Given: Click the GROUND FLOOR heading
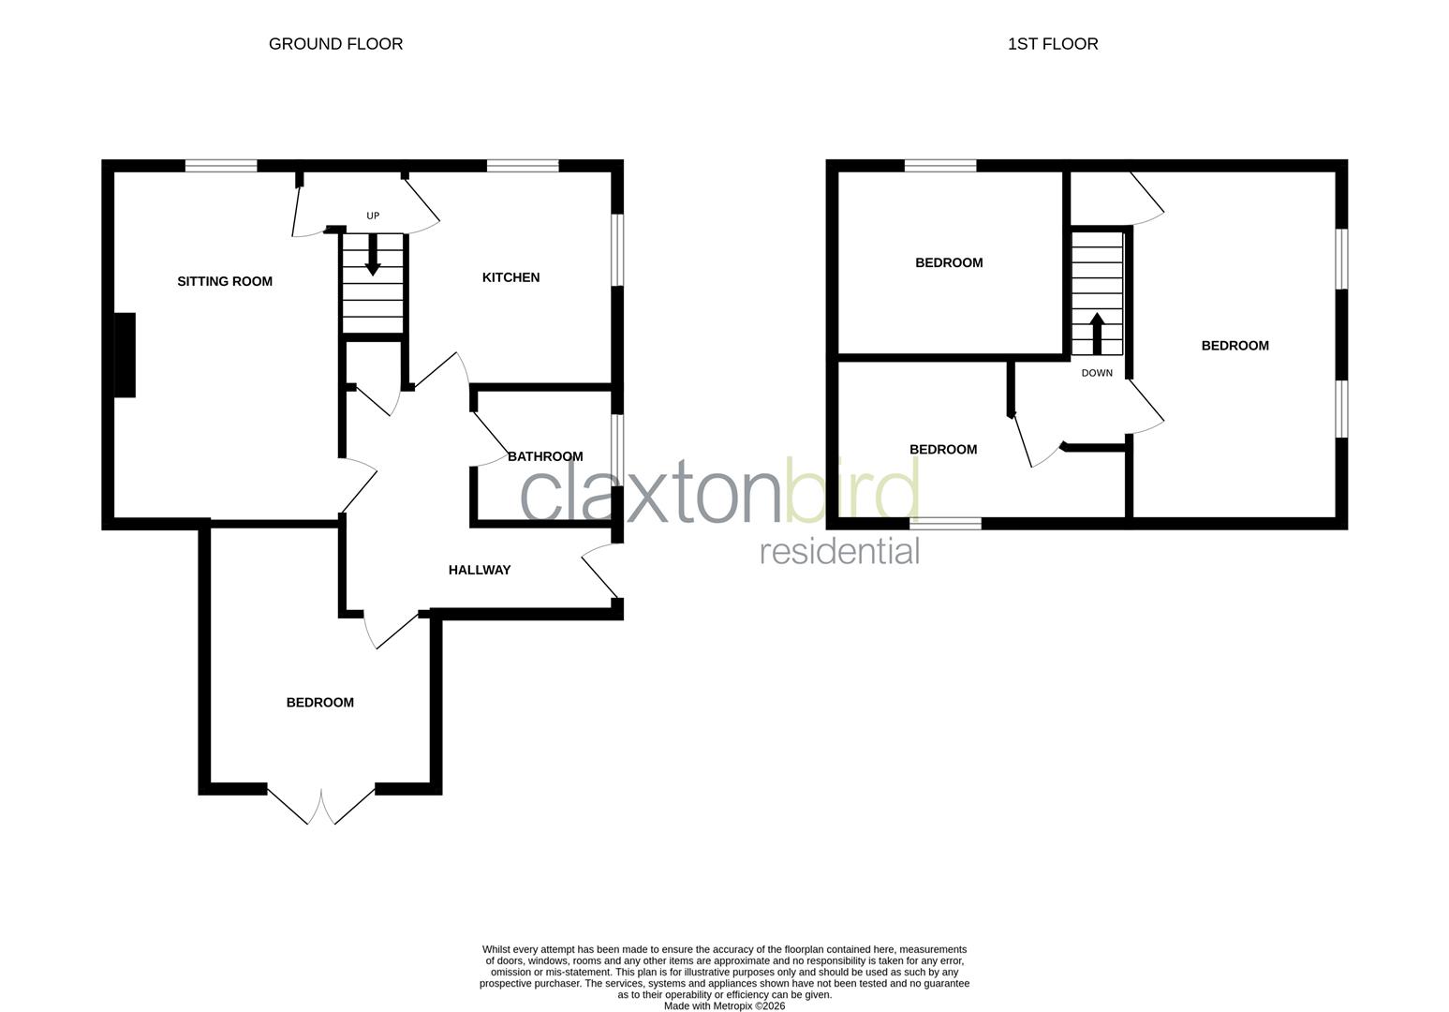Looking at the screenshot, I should tap(335, 44).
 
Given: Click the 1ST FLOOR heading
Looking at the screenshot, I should tap(1053, 44).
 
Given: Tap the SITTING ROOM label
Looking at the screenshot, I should tap(225, 281).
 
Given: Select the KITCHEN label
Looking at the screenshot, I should tap(510, 277).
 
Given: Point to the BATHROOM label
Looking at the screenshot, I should tap(545, 456).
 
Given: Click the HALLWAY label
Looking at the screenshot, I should tap(480, 570).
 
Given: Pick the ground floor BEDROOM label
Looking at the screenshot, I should tap(320, 703).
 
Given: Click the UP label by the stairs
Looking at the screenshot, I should tap(373, 216).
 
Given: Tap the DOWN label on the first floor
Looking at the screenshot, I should tap(1097, 373).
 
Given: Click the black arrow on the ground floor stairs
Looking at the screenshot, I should tap(373, 255).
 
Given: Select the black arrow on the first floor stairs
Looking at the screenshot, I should tap(1097, 333).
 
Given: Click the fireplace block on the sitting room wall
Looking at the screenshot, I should tap(125, 355).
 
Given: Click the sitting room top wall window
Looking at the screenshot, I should tap(221, 166).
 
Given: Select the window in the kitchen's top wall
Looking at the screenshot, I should tap(523, 166).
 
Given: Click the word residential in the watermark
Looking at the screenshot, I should tap(839, 551).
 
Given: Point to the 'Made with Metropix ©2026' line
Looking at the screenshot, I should tap(724, 1006).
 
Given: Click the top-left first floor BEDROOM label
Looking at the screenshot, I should tap(949, 263).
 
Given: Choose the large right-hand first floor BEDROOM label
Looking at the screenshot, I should tap(1235, 346).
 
